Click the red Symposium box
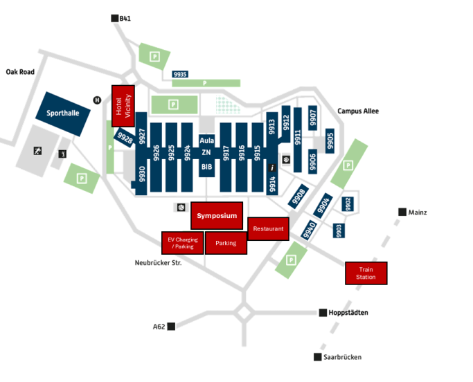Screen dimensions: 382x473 coord(217,215)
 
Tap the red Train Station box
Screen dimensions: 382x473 coord(366,273)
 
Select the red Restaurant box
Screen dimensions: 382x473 coord(267,228)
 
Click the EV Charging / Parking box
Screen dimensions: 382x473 coord(183,243)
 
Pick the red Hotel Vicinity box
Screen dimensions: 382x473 coord(123,107)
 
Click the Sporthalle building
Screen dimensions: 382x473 coord(63,113)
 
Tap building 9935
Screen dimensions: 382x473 coord(181,74)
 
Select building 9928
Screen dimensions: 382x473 coord(125,137)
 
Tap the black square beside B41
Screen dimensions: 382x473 coord(114,19)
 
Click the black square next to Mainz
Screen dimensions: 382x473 coord(402,212)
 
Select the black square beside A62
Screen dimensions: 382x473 coord(171,326)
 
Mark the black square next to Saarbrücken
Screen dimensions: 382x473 coord(318,357)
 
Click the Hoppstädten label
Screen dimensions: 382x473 coord(348,313)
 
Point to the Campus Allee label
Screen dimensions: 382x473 coord(358,111)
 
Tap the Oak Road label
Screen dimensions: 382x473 coord(20,72)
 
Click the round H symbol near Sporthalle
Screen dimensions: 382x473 coord(98,100)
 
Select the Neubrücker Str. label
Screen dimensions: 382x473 coord(158,263)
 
